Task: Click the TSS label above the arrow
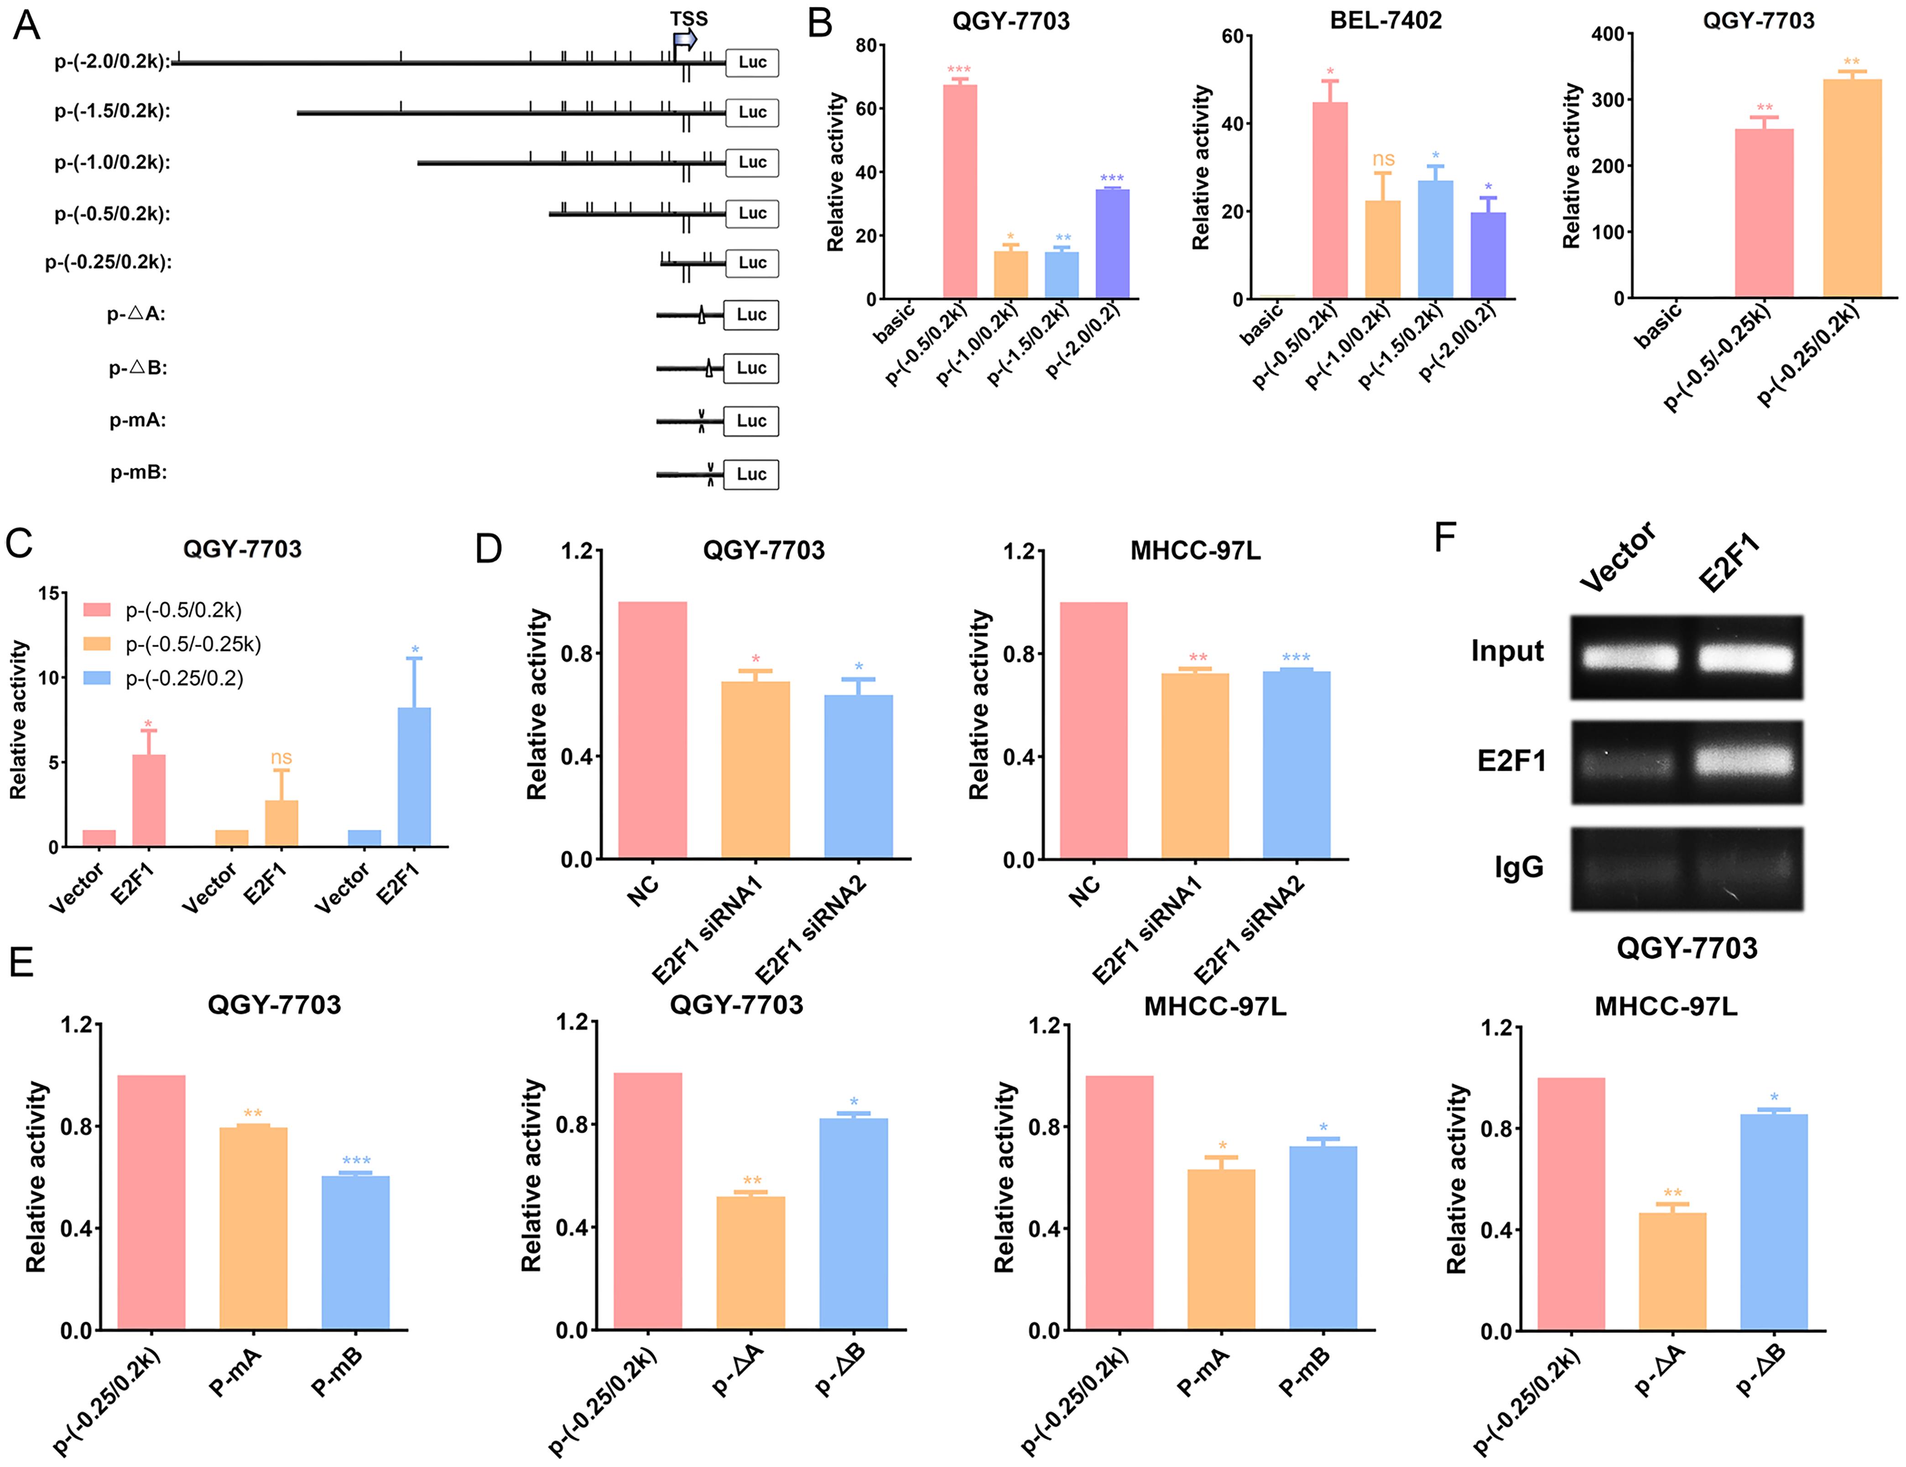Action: tap(688, 18)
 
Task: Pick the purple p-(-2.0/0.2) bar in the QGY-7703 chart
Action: tap(1112, 244)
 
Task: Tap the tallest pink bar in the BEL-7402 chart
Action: tap(1329, 201)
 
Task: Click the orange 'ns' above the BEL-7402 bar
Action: tap(1383, 160)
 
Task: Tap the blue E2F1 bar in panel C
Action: tap(415, 777)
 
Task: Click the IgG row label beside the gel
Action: tap(1519, 867)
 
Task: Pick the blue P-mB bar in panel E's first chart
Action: tap(355, 1252)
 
